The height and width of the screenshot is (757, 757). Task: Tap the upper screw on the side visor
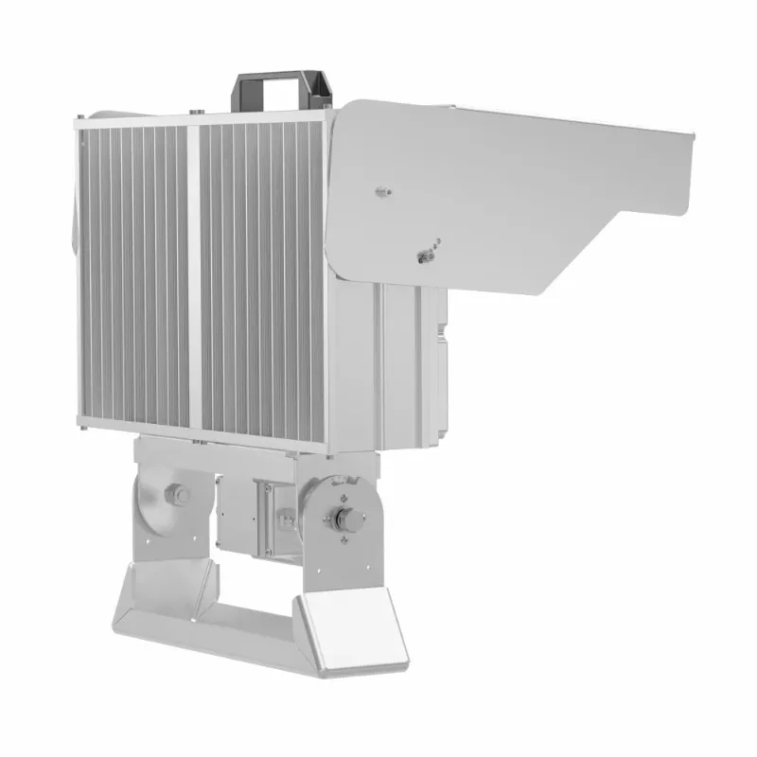pos(382,192)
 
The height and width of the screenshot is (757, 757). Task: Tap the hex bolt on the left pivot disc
pos(175,495)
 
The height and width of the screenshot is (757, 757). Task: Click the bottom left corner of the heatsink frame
pos(83,428)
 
